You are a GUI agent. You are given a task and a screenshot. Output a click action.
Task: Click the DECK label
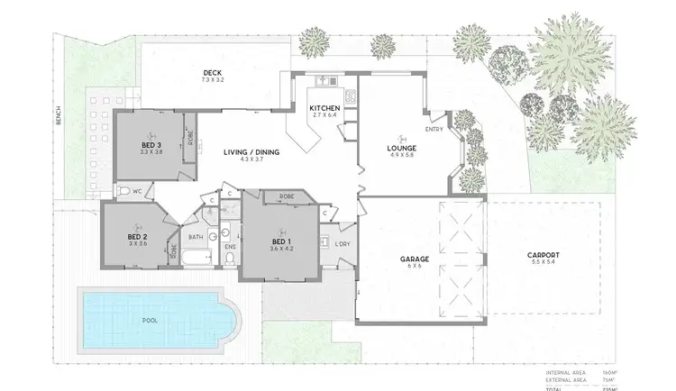pyautogui.click(x=213, y=74)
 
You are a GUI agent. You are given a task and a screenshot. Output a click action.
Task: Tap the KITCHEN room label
pyautogui.click(x=324, y=108)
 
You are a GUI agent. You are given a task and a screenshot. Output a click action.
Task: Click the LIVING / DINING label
pyautogui.click(x=251, y=152)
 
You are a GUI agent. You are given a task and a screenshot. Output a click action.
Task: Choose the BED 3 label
pyautogui.click(x=151, y=146)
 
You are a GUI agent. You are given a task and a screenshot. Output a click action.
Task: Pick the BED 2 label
pyautogui.click(x=137, y=237)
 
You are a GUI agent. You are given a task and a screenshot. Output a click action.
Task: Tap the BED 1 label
pyautogui.click(x=283, y=242)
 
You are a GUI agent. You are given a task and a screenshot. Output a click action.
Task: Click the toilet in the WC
pyautogui.click(x=123, y=191)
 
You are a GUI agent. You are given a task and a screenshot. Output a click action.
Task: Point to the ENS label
pyautogui.click(x=230, y=245)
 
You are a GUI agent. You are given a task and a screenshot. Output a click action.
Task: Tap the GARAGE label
pyautogui.click(x=414, y=259)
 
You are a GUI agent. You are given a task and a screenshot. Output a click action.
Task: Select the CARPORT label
pyautogui.click(x=544, y=255)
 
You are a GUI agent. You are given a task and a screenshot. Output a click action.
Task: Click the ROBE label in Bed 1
pyautogui.click(x=287, y=195)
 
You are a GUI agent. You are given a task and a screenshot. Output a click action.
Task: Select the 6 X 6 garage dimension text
pyautogui.click(x=414, y=267)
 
